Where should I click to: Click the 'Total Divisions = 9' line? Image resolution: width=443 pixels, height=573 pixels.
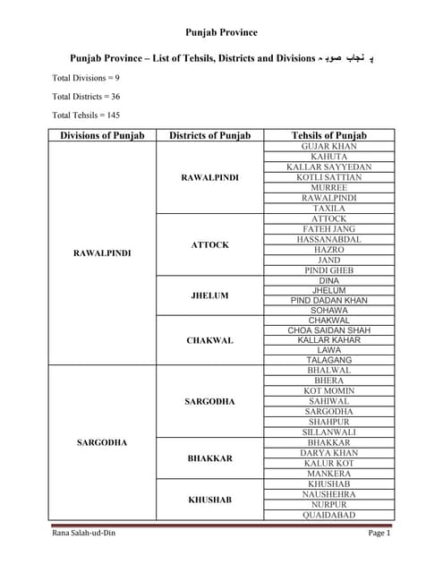tap(86, 78)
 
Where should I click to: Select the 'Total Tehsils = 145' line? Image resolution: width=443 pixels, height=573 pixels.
tap(86, 115)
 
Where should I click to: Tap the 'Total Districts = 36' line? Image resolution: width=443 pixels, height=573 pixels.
tap(86, 96)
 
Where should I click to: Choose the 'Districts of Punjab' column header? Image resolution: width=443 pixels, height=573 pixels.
tap(209, 135)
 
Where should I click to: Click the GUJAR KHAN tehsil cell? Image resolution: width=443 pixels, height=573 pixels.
tap(329, 146)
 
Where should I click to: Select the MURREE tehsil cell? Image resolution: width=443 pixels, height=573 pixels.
tap(329, 187)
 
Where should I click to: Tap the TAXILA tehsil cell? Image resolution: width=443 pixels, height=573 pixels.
tap(329, 208)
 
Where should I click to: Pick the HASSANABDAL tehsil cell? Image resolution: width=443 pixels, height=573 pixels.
tap(329, 239)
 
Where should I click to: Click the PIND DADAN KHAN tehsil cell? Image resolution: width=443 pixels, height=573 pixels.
tap(329, 300)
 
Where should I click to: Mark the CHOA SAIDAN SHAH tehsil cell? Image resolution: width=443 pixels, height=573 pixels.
tap(329, 330)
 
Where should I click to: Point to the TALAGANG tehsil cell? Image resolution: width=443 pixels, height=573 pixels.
tap(329, 360)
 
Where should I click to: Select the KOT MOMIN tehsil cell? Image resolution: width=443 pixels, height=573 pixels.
tap(329, 391)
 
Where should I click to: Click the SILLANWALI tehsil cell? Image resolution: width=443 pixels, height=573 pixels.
tap(329, 432)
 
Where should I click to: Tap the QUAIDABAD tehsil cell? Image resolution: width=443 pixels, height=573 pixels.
tap(329, 515)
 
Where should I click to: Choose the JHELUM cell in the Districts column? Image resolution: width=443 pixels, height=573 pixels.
tap(209, 295)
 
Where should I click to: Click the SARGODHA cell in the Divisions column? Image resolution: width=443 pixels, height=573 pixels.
tap(102, 442)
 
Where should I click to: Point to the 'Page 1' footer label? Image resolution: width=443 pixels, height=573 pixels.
tap(379, 534)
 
